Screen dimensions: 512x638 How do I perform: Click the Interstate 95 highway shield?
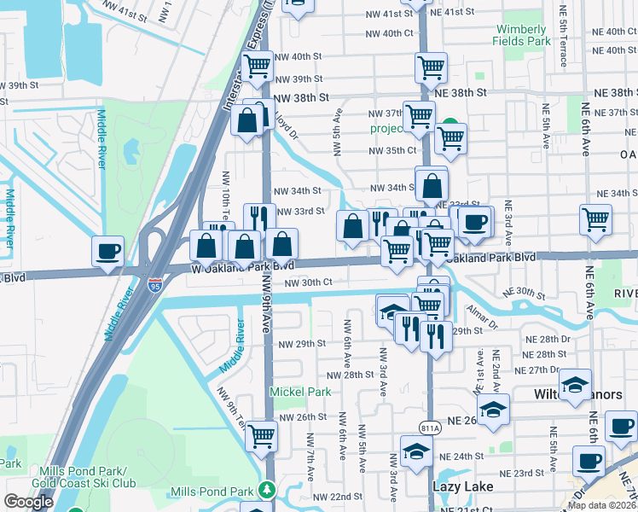click(x=155, y=282)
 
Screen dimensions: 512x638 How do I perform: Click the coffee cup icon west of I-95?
click(x=108, y=251)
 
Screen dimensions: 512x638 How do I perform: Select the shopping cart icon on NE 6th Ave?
click(x=595, y=218)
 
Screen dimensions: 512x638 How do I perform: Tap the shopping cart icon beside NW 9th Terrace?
click(x=262, y=436)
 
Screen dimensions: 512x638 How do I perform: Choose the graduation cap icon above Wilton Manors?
click(x=575, y=383)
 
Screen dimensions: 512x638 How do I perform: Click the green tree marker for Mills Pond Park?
click(x=268, y=490)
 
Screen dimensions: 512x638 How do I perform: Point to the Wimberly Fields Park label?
click(x=522, y=35)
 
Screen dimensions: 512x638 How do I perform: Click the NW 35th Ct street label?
click(x=391, y=150)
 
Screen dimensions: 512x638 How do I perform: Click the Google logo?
click(x=28, y=501)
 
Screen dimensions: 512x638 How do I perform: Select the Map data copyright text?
click(x=602, y=505)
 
